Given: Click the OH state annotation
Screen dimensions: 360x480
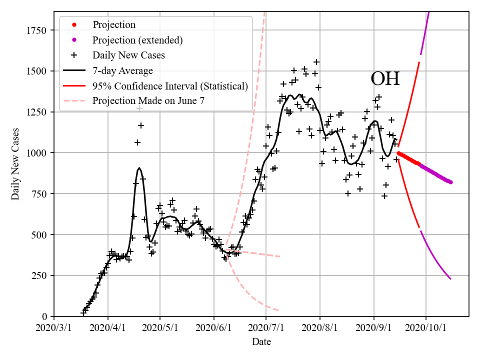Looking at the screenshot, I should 385,79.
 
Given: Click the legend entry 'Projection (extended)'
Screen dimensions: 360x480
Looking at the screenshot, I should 137,40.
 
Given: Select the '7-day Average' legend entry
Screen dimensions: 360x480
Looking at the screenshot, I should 122,70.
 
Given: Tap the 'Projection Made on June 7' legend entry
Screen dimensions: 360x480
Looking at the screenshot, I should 148,101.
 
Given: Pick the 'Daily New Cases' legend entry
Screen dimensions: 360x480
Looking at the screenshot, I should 128,55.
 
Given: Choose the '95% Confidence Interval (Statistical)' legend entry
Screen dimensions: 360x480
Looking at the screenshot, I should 170,86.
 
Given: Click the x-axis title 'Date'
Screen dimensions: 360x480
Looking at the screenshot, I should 261,342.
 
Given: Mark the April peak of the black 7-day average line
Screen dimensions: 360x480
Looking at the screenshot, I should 139,168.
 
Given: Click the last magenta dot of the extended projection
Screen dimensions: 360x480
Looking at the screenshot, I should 450,182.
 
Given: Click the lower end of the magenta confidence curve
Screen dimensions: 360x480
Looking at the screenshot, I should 450,279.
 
